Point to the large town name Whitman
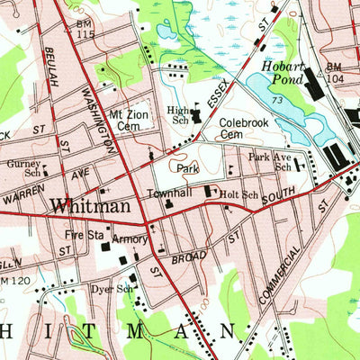pos(89,204)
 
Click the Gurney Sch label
pos(24,169)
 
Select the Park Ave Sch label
pos(271,162)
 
